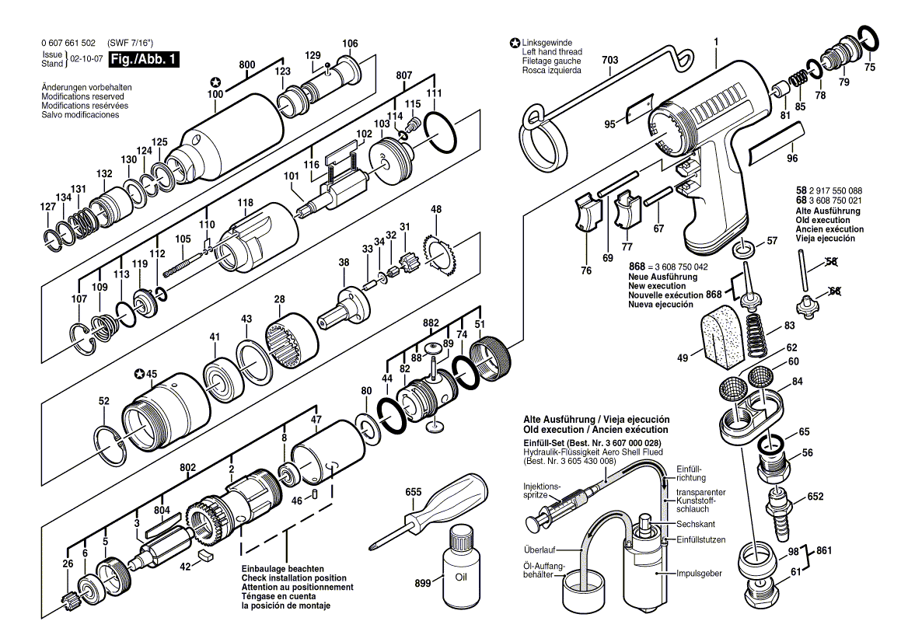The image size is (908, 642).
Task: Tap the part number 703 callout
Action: click(x=609, y=59)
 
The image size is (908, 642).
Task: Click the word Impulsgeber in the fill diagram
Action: click(x=700, y=573)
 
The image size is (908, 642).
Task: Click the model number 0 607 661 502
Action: click(x=68, y=43)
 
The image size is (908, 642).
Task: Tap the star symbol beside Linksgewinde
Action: click(x=515, y=43)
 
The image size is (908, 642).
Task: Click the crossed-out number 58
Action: click(x=832, y=262)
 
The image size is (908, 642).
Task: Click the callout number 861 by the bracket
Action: click(x=825, y=550)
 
